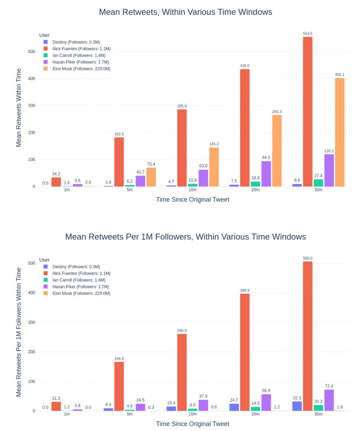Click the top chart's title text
click(185, 12)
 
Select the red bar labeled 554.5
click(307, 112)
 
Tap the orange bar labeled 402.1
click(339, 132)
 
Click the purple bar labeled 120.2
click(329, 170)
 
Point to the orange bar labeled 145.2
click(214, 167)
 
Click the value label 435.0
click(245, 66)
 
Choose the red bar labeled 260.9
click(182, 372)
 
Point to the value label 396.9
click(245, 290)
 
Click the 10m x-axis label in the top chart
click(192, 190)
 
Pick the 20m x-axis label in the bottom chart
click(255, 414)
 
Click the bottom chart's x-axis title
click(192, 424)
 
